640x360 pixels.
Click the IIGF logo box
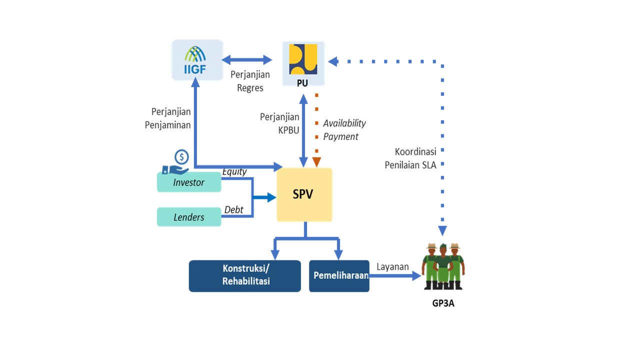pyautogui.click(x=197, y=60)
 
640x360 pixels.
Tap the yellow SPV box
pyautogui.click(x=304, y=194)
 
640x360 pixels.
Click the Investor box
pyautogui.click(x=189, y=182)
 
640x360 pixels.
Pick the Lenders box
pyautogui.click(x=189, y=217)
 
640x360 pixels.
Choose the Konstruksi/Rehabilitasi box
pyautogui.click(x=245, y=275)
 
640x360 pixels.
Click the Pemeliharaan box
pyautogui.click(x=339, y=275)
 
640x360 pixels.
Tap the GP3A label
pyautogui.click(x=443, y=302)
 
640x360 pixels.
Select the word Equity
pyautogui.click(x=234, y=172)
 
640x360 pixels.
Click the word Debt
pyautogui.click(x=233, y=210)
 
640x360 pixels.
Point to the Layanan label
pyautogui.click(x=392, y=266)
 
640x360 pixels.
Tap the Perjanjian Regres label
pyautogui.click(x=250, y=81)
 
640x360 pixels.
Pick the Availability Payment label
pyautogui.click(x=344, y=130)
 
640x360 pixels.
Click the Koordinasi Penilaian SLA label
pyautogui.click(x=411, y=158)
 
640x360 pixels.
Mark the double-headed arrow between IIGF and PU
pyautogui.click(x=247, y=60)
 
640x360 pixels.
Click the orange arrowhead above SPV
pyautogui.click(x=316, y=161)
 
